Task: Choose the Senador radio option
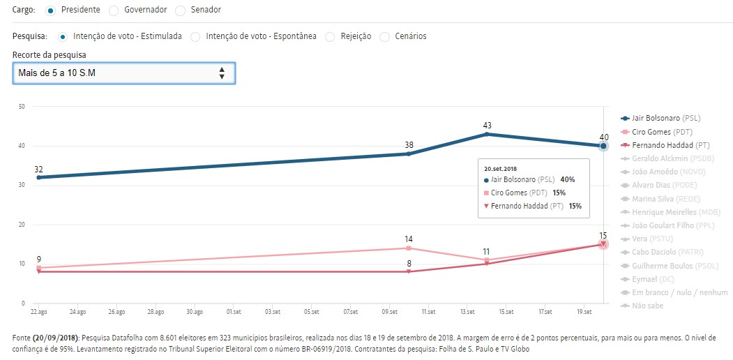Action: [181, 10]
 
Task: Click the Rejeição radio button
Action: [330, 36]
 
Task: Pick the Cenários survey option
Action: [385, 36]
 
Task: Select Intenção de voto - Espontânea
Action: [196, 36]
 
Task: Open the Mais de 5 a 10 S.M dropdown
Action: [123, 73]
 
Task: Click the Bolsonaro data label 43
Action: [488, 126]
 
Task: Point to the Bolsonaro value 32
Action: [39, 170]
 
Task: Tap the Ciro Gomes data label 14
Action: [409, 239]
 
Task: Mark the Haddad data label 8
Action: [409, 263]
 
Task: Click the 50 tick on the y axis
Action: [22, 107]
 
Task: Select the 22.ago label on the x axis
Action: [38, 312]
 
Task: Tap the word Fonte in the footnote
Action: [22, 338]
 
